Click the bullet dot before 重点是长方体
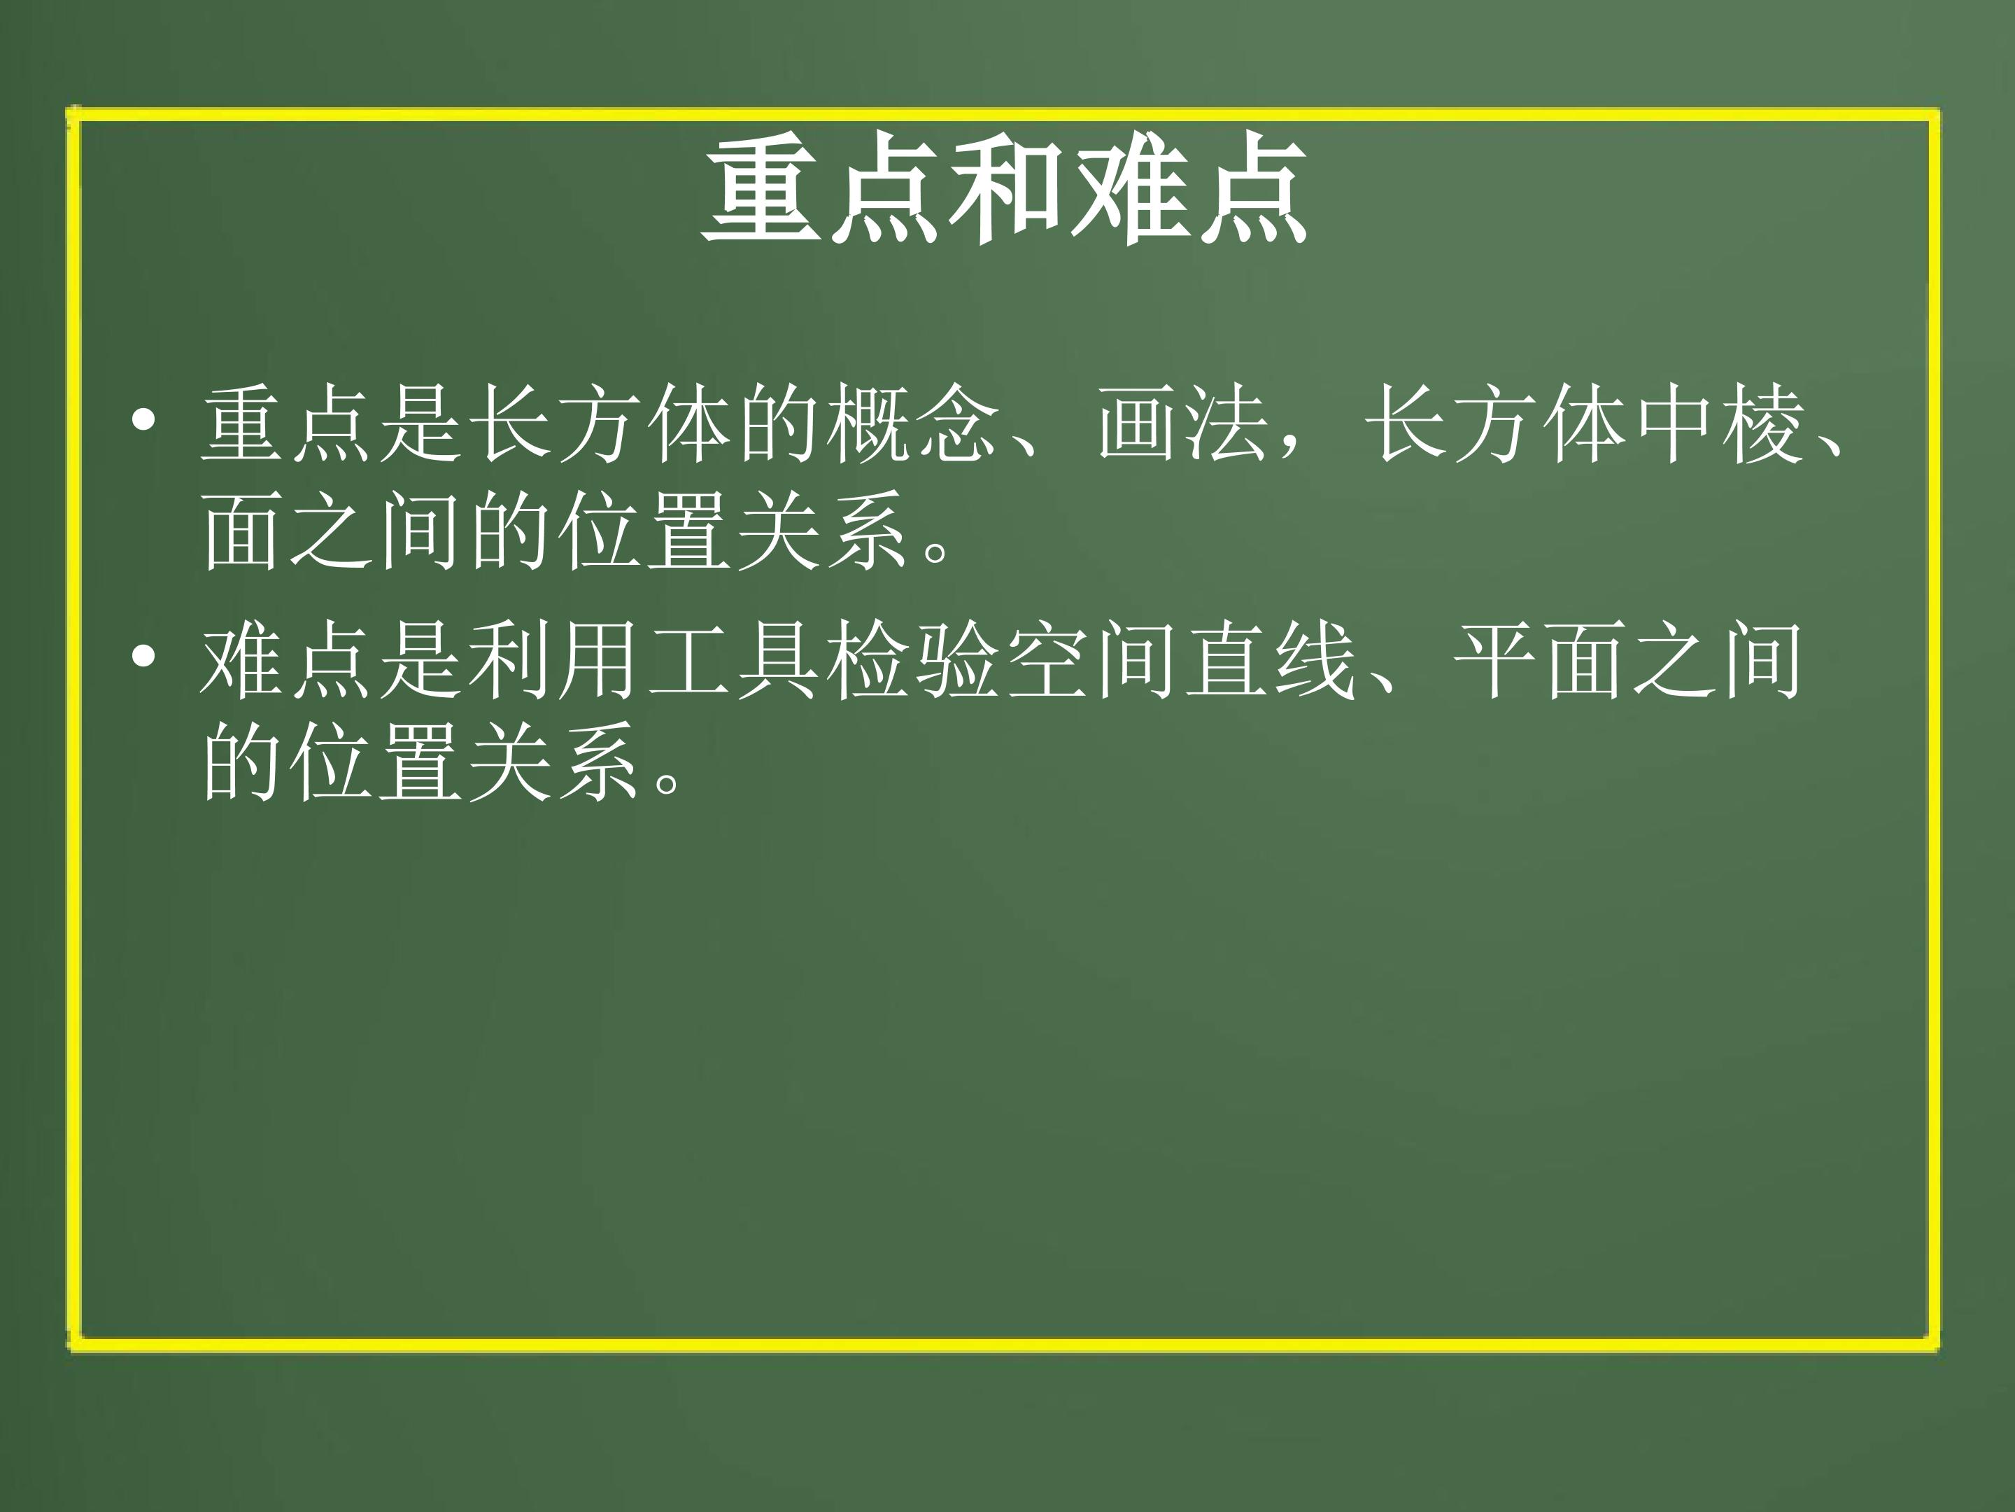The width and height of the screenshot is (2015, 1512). click(144, 421)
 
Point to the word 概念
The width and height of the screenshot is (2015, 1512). click(913, 425)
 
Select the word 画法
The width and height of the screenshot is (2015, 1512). click(1182, 425)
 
